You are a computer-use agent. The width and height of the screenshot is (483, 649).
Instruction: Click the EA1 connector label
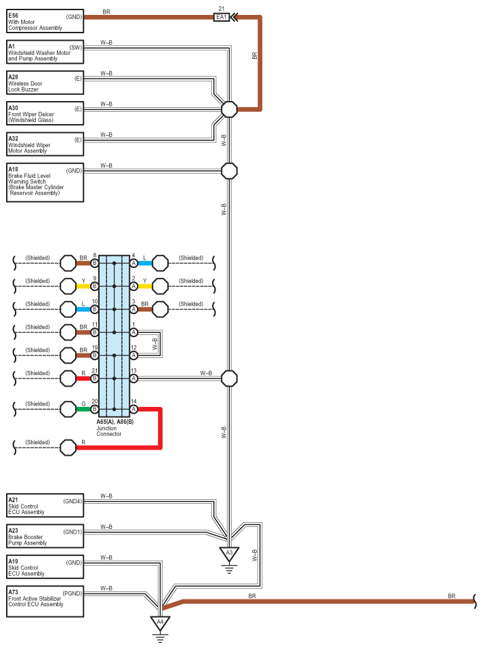coord(222,17)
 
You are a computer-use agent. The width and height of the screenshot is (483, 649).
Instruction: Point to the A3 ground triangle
coord(229,554)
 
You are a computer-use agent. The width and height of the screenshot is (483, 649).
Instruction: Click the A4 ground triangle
coord(160,623)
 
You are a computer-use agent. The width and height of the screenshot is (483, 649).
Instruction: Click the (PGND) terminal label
coord(72,593)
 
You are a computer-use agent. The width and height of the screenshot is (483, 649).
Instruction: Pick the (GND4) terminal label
coord(72,501)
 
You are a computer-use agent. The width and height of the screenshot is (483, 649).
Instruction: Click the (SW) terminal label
coord(76,47)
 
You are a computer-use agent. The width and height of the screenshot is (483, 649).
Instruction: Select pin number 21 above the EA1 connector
coord(222,8)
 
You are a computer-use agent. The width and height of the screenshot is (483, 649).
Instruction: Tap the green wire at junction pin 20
coord(83,410)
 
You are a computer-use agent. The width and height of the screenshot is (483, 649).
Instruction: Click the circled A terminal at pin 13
coord(133,378)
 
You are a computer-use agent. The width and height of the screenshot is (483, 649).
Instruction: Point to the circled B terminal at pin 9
coord(94,286)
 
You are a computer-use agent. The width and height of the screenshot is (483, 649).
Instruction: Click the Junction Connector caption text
coord(109,431)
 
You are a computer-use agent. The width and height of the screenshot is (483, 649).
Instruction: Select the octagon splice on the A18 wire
coord(230,171)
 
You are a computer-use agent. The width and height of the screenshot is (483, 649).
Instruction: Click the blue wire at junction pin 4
coord(145,263)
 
